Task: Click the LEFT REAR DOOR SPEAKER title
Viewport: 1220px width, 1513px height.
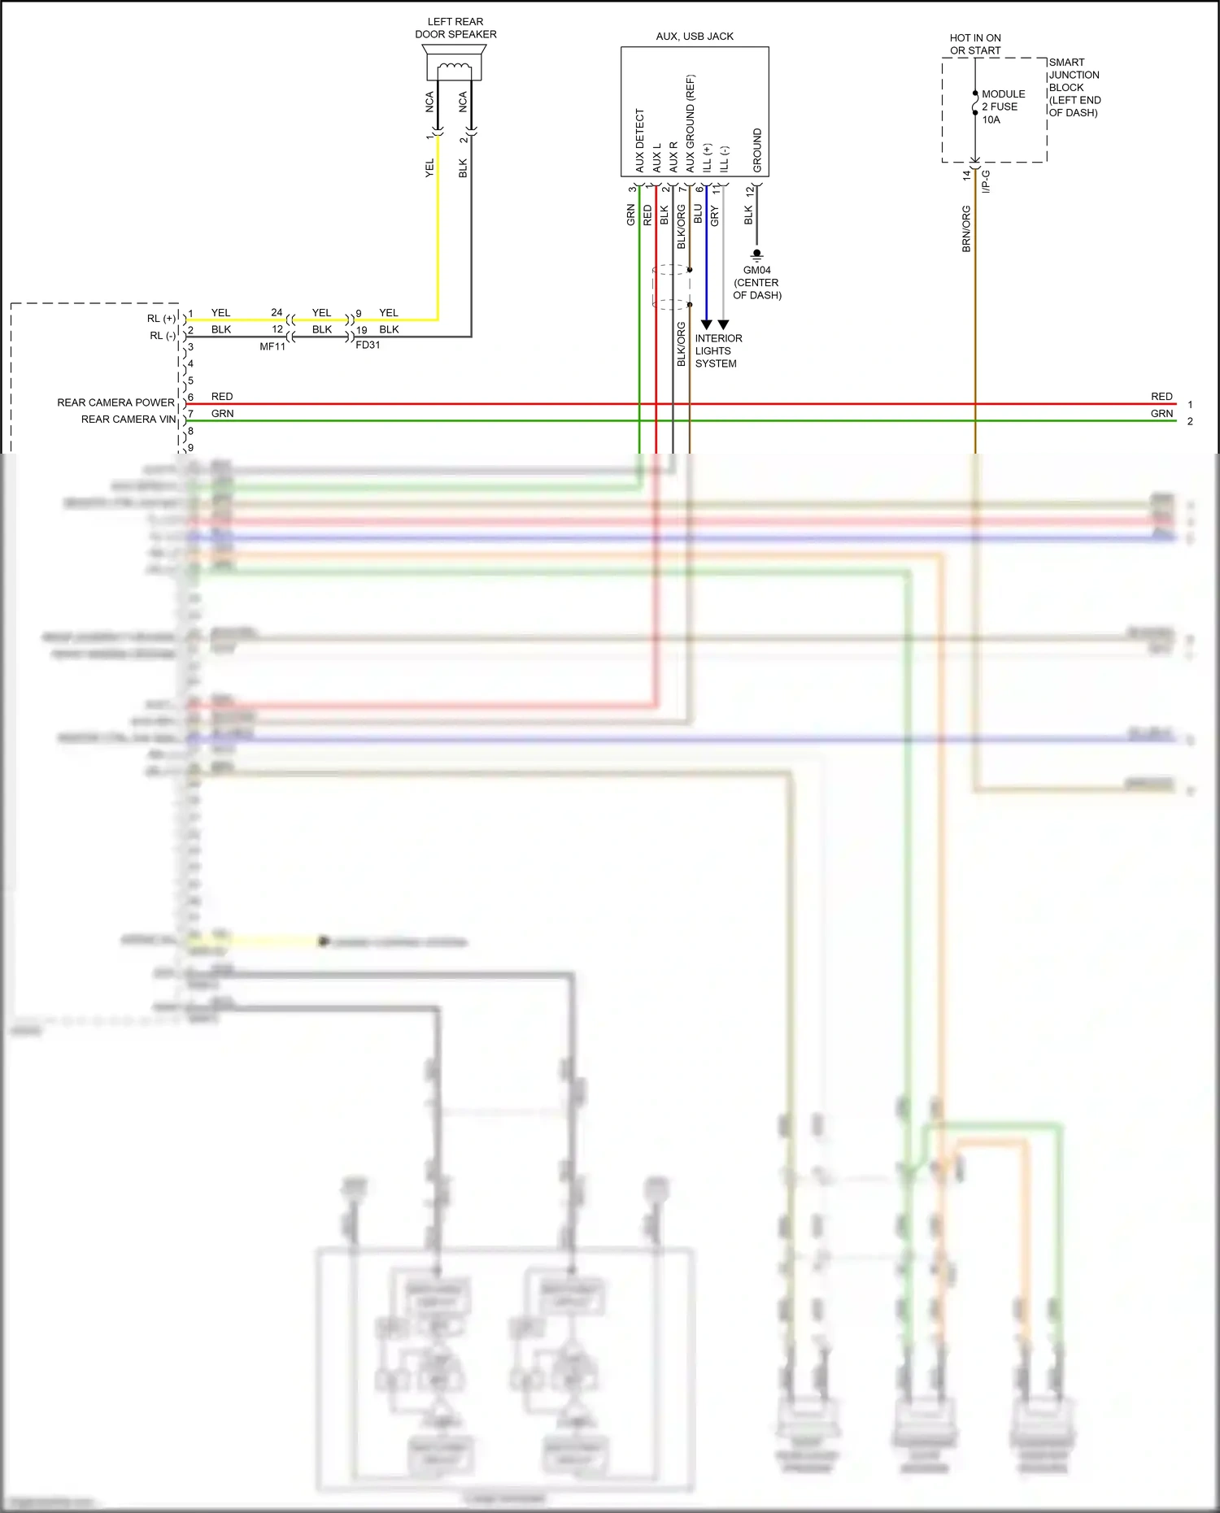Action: (455, 28)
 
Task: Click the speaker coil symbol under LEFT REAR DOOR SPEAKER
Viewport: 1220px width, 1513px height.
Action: (454, 68)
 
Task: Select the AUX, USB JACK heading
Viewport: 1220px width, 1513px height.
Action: (695, 37)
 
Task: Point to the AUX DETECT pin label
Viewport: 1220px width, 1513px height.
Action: (640, 140)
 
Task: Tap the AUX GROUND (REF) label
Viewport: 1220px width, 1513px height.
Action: (691, 123)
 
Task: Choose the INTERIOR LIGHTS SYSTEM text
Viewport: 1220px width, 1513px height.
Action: (717, 350)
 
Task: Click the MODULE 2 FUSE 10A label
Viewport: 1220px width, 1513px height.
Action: (1002, 107)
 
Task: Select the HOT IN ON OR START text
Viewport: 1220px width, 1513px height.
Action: (975, 44)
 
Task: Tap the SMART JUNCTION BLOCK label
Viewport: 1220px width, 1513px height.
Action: (1074, 87)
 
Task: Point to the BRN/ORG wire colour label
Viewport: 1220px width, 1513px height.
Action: (966, 228)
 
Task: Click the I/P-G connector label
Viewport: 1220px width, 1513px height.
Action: (986, 181)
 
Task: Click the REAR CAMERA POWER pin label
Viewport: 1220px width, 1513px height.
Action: (115, 402)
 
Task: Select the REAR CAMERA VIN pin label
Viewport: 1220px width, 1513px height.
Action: (129, 420)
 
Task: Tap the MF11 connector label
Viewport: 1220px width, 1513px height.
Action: (272, 346)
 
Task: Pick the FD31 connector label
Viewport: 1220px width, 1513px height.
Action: (368, 345)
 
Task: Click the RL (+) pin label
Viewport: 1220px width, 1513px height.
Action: (161, 319)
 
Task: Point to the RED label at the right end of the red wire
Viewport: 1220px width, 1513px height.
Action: (1161, 396)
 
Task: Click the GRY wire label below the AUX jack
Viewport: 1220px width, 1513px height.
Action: (715, 215)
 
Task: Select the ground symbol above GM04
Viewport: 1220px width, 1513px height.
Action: (756, 254)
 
